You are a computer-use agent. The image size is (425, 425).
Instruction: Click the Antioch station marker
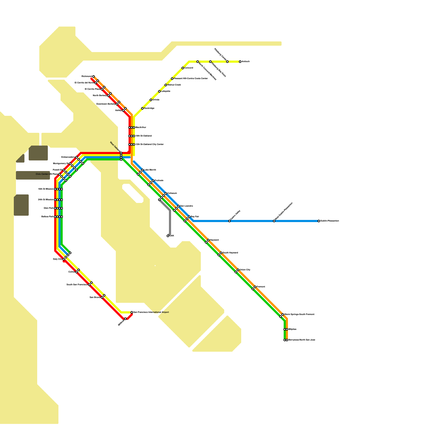(x=240, y=62)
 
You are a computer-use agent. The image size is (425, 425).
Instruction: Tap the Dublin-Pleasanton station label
(x=329, y=221)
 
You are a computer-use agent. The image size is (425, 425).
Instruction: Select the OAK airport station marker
(x=168, y=236)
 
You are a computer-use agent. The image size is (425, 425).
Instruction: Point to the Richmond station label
(x=87, y=76)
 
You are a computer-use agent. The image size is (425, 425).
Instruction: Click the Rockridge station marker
(x=142, y=108)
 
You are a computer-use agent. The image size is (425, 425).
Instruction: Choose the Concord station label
(x=189, y=68)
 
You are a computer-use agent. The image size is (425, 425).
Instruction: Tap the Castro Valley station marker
(x=229, y=221)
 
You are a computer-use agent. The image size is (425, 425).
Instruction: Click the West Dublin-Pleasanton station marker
(x=274, y=221)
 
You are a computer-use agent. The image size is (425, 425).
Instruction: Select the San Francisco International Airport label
(x=151, y=312)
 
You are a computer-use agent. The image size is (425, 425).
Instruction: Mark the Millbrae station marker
(x=125, y=319)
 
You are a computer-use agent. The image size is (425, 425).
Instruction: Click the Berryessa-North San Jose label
(x=302, y=340)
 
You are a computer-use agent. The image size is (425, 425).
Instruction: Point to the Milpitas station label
(x=292, y=329)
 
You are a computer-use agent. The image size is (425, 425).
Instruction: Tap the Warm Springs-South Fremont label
(x=299, y=314)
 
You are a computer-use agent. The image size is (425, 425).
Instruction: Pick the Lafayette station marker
(x=159, y=91)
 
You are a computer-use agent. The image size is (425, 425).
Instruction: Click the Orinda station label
(x=156, y=100)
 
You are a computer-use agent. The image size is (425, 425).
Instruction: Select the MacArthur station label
(x=141, y=127)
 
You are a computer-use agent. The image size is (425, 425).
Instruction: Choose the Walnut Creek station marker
(x=166, y=85)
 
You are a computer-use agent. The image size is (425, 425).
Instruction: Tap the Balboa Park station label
(x=48, y=217)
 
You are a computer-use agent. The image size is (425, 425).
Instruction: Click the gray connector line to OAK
(x=170, y=223)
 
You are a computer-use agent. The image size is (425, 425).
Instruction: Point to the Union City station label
(x=245, y=270)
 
